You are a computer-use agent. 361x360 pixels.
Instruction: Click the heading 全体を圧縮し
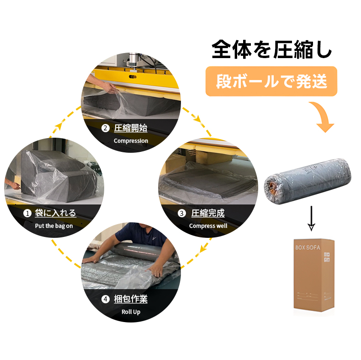point(272,49)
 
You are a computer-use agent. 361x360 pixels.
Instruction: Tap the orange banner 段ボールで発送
point(271,81)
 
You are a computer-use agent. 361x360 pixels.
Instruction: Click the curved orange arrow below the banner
point(324,116)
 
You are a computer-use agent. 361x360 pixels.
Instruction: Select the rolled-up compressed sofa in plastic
point(308,182)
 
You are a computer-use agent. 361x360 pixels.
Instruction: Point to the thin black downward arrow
point(311,218)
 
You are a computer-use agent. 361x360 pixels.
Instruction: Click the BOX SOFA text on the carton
point(308,247)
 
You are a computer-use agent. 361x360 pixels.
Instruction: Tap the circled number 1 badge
point(27,213)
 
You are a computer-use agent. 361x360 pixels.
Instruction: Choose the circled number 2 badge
point(106,128)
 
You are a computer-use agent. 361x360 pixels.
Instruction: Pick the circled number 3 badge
point(182,213)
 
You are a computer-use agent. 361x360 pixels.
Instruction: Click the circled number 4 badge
point(106,299)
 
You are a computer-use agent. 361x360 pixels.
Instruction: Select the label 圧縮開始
point(131,128)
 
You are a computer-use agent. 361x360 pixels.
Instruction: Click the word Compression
point(131,141)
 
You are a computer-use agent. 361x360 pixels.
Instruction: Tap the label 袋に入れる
point(55,213)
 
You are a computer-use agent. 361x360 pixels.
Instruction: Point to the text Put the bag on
point(54,226)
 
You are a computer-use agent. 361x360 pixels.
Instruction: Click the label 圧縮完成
point(208,213)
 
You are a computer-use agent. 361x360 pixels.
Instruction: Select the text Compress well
point(208,226)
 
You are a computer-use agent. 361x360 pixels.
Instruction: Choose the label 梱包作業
point(131,299)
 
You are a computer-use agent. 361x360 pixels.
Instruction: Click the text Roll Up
point(131,312)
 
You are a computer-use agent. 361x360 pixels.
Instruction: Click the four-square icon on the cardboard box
point(327,257)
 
